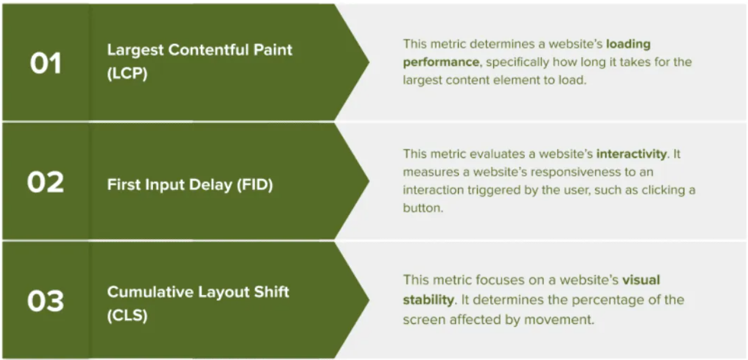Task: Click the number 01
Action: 46,63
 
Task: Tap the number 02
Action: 46,182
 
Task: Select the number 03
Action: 46,301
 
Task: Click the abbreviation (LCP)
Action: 127,73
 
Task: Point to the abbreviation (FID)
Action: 255,185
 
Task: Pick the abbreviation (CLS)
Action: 127,316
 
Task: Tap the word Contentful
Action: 208,50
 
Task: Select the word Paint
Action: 273,50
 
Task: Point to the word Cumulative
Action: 151,292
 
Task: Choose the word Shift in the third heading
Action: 271,292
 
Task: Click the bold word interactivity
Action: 632,154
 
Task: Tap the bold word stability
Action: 428,300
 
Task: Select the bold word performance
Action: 441,63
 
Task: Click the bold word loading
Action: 629,44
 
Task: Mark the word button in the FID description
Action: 423,208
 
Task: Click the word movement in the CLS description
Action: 559,320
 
